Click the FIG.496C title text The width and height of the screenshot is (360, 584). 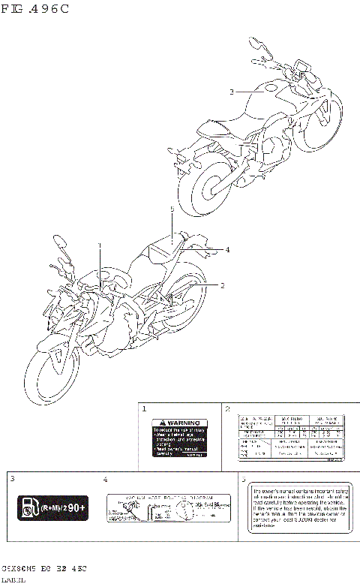(x=36, y=10)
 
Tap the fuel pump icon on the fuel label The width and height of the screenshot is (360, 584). (x=28, y=509)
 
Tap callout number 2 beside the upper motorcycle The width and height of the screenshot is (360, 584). (x=232, y=92)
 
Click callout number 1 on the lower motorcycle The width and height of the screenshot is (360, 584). (x=98, y=246)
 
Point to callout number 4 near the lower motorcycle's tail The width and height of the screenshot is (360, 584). (x=227, y=249)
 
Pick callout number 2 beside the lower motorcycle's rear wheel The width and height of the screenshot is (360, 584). (x=222, y=285)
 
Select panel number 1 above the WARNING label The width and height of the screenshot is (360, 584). (x=144, y=409)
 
